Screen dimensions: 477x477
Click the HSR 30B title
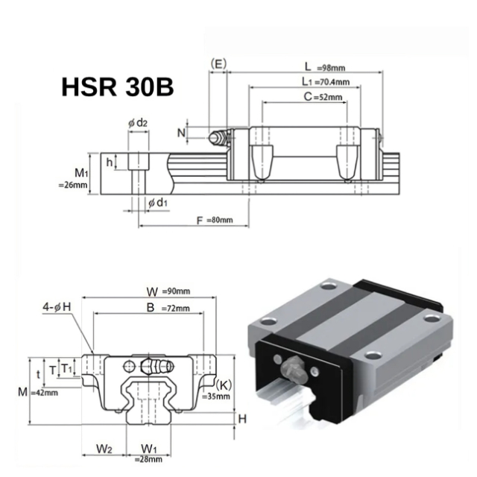tap(118, 87)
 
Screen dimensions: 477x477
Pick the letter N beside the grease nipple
tap(182, 132)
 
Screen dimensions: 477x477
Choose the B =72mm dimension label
tap(168, 307)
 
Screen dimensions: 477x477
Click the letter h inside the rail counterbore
tap(110, 160)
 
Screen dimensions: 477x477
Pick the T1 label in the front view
tap(66, 369)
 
